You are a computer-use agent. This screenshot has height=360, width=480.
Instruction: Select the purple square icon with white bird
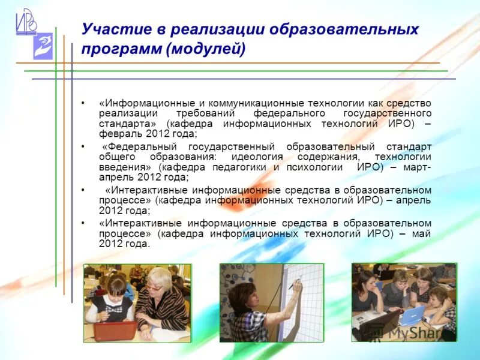point(43,47)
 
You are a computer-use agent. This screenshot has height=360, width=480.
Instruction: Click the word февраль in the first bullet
point(118,134)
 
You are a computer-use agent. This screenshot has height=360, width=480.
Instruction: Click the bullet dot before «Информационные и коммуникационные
point(83,103)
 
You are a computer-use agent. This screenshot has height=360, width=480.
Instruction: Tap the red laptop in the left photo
point(115,329)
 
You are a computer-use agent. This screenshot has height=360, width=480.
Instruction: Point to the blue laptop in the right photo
point(412,315)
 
